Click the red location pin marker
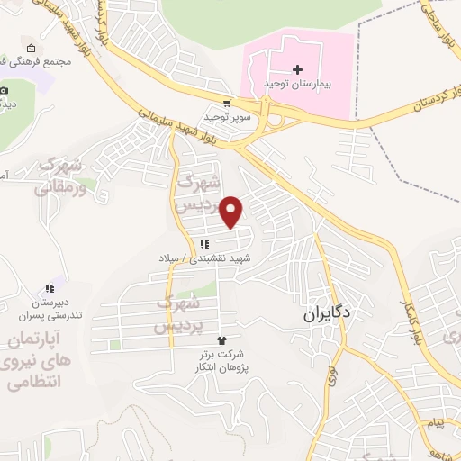tap(232, 211)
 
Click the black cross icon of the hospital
tap(298, 68)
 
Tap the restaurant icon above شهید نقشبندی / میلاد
tap(205, 244)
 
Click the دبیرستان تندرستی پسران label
tap(50, 309)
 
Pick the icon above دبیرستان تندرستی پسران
tap(50, 289)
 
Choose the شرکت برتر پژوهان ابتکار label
tap(222, 362)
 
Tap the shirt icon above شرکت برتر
tap(222, 339)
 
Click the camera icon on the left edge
tap(5, 90)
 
